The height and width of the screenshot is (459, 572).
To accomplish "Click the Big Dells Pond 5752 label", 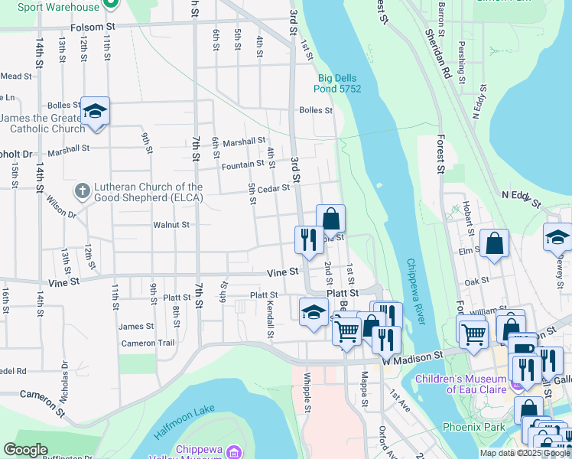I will (x=339, y=83).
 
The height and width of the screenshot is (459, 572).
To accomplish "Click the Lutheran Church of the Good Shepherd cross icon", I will (x=83, y=188).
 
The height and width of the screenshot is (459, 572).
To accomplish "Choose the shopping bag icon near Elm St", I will (x=495, y=243).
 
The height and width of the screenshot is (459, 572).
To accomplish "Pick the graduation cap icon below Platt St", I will (x=314, y=313).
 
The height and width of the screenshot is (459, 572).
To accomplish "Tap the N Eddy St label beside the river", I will (x=521, y=200).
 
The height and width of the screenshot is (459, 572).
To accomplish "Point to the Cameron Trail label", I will (x=148, y=343).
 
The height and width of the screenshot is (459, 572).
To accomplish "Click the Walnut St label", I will (x=171, y=225).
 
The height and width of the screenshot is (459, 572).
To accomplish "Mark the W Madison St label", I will (x=414, y=356).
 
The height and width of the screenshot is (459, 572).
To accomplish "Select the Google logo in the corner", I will (x=26, y=450).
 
